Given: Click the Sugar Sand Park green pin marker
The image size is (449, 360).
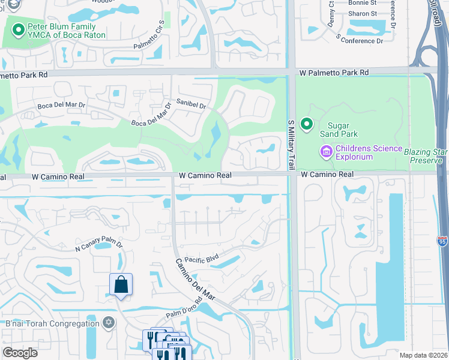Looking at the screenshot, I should [x=307, y=124].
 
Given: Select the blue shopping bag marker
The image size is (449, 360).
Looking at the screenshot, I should [x=121, y=285].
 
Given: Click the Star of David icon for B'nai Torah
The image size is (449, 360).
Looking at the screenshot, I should [x=108, y=323].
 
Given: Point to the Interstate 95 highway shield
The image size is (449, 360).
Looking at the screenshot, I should [x=442, y=241].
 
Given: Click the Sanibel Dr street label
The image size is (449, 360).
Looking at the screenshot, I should [x=191, y=104].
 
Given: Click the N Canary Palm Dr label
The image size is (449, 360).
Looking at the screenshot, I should [x=98, y=246].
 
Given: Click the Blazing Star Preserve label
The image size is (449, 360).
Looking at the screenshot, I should [x=425, y=156].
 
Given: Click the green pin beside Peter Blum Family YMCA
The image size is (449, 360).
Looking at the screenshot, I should [x=19, y=28].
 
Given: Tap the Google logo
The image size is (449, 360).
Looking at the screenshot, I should [x=20, y=352].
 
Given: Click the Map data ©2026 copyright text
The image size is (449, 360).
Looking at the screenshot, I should [x=423, y=355].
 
